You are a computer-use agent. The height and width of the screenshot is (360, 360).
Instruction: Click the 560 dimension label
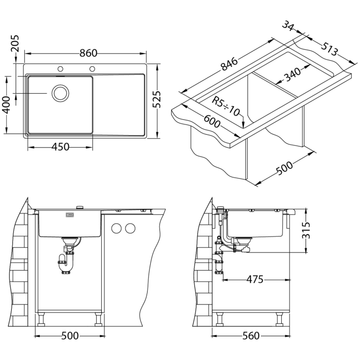coord(250,336)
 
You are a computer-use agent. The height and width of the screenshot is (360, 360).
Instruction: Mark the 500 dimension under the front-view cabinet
coord(70,336)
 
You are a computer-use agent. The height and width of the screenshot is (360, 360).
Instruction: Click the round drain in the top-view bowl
coord(60,93)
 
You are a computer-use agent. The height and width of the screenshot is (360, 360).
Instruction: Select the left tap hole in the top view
coord(61,68)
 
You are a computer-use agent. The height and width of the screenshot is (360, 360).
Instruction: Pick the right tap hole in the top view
coord(93,68)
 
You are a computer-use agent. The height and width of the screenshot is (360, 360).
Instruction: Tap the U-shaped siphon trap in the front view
coord(64,265)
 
